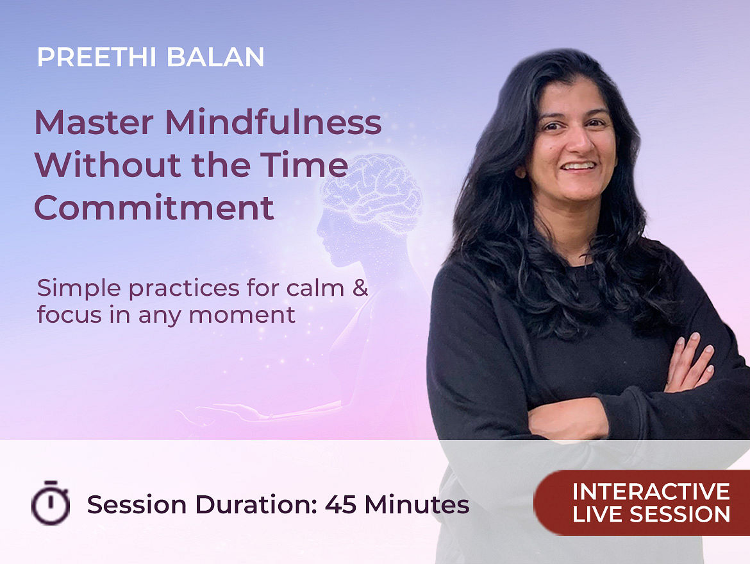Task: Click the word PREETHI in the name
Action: (x=97, y=57)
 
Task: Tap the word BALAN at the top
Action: (x=215, y=57)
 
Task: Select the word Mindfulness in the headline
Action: (x=273, y=122)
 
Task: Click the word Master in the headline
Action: (x=94, y=123)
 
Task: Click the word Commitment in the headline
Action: (x=154, y=208)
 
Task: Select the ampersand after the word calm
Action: (x=360, y=287)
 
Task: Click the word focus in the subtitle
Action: (x=70, y=314)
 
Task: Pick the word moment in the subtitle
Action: (x=242, y=316)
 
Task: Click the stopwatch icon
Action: (x=51, y=502)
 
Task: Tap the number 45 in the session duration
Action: (x=340, y=504)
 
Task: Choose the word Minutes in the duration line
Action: (x=417, y=504)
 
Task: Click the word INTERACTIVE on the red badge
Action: (x=651, y=491)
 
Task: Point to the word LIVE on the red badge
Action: (x=597, y=515)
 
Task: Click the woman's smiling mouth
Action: (x=579, y=166)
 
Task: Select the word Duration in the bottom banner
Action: (x=256, y=504)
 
